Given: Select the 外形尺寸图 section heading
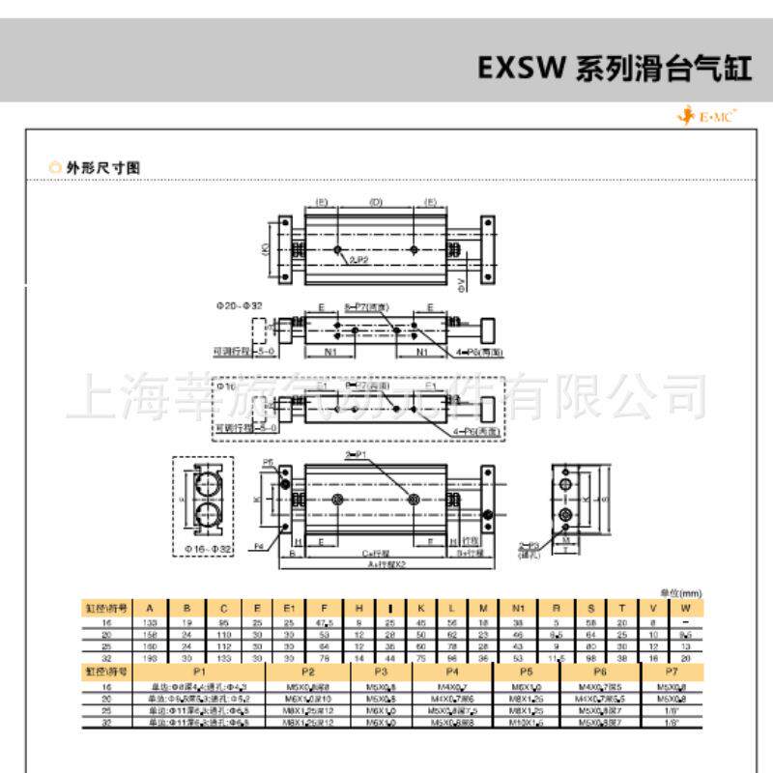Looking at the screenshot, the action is [x=102, y=167].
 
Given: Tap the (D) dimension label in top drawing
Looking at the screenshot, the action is [x=377, y=203].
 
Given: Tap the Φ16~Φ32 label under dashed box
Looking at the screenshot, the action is [x=209, y=550].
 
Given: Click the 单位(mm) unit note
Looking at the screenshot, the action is [x=681, y=592].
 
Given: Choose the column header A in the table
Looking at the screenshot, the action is [x=150, y=608].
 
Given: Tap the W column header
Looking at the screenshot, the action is [x=685, y=608].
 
